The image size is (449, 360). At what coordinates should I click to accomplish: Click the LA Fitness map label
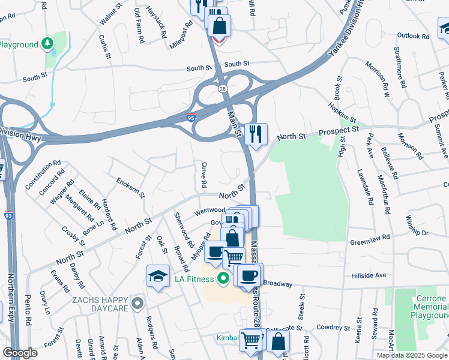coord(194,279)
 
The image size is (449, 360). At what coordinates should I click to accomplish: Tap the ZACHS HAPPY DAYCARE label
coord(100,304)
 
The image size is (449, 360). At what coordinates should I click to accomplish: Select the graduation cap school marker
coord(157,276)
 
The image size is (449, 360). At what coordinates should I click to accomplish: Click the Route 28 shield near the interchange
coord(223,89)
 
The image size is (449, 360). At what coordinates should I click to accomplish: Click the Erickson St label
coord(130,187)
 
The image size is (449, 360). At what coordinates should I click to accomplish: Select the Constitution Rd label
coord(43,175)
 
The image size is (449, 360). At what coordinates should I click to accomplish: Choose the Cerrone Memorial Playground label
coord(430,307)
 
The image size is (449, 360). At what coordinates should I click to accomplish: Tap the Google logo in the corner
coord(20,353)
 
